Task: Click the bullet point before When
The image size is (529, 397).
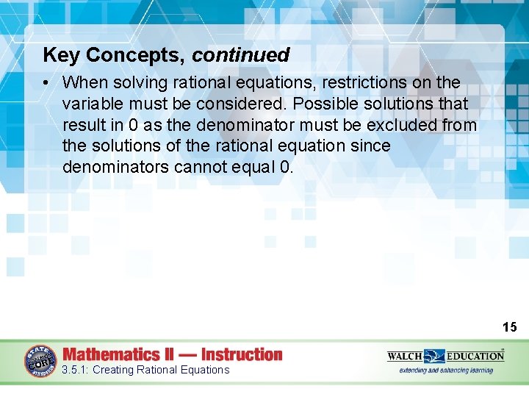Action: [48, 83]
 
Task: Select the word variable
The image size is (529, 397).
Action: [94, 104]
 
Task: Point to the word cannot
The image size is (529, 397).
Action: [197, 168]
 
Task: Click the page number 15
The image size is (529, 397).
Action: [509, 326]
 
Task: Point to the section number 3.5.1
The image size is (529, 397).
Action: [75, 370]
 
